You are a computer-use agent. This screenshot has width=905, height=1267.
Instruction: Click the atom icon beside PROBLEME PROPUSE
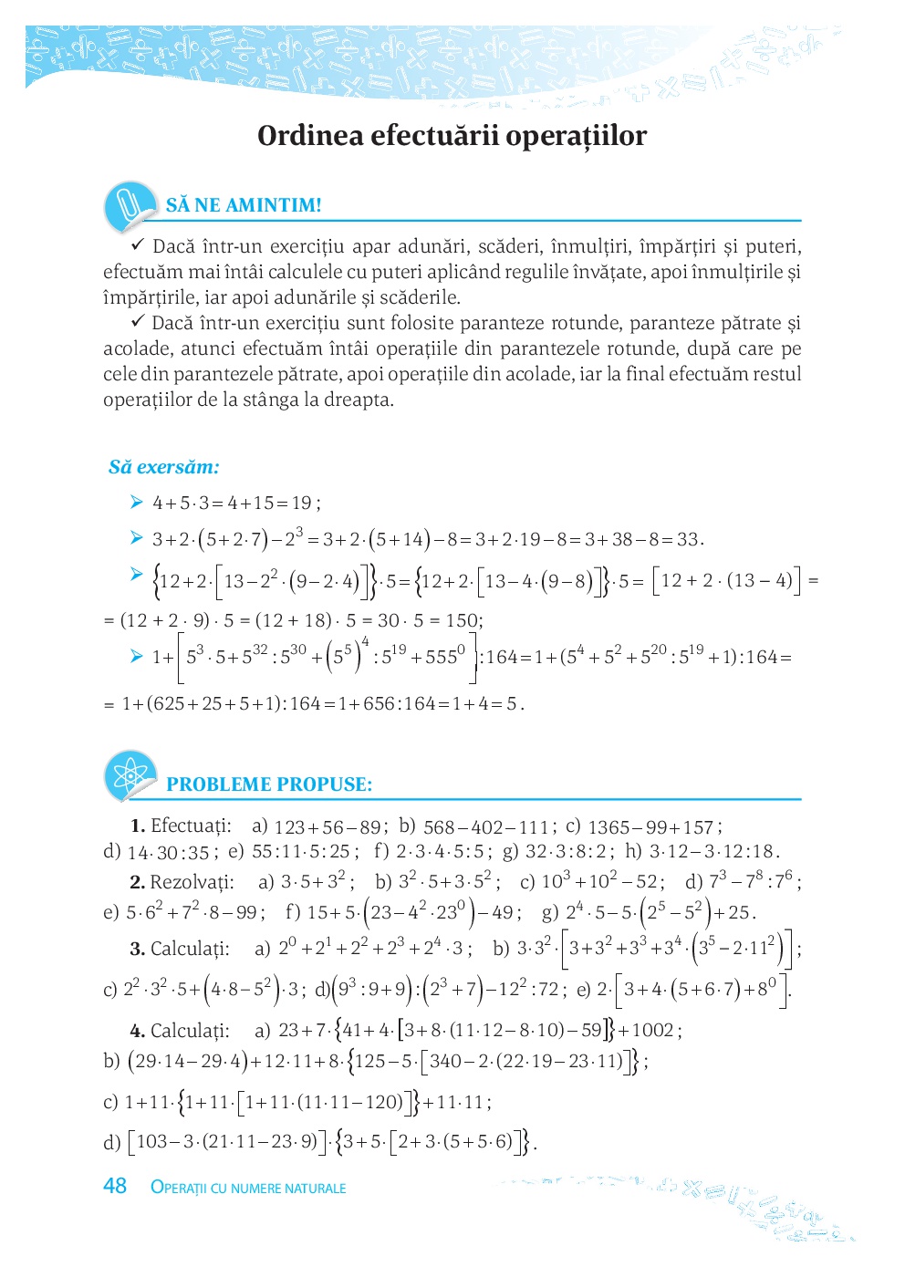pyautogui.click(x=130, y=776)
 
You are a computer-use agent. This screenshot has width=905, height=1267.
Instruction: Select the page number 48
pyautogui.click(x=115, y=1186)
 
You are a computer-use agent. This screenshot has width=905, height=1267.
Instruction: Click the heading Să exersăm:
pyautogui.click(x=164, y=467)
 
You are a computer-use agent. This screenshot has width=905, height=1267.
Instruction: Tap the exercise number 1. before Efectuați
pyautogui.click(x=138, y=826)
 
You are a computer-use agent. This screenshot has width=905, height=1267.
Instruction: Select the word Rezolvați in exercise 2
pyautogui.click(x=192, y=882)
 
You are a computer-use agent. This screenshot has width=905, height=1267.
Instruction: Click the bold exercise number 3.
pyautogui.click(x=138, y=949)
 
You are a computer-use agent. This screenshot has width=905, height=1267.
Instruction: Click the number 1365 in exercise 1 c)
pyautogui.click(x=608, y=827)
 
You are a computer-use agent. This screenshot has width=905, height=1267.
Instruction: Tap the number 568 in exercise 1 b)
pyautogui.click(x=439, y=827)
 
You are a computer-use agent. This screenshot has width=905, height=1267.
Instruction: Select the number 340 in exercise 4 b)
pyautogui.click(x=445, y=1061)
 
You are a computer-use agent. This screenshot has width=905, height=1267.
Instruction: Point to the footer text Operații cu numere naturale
pyautogui.click(x=248, y=1188)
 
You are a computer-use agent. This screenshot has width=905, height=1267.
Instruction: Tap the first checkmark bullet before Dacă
pyautogui.click(x=139, y=245)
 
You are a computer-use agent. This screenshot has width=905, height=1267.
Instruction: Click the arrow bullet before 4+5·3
pyautogui.click(x=137, y=502)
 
